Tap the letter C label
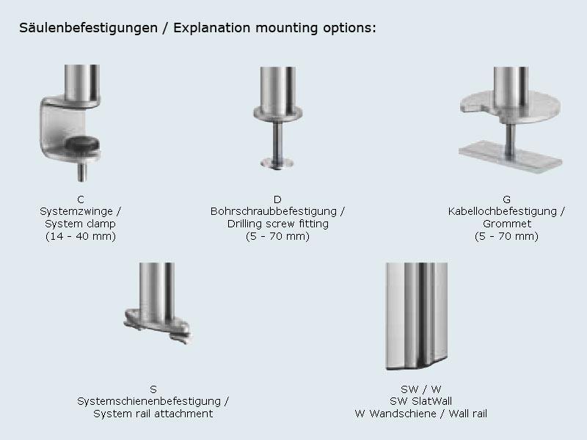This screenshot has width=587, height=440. pos(80,199)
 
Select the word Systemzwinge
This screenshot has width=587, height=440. pos(76,211)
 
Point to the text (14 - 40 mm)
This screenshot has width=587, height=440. pos(80,236)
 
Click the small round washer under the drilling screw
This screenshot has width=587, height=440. pos(277,161)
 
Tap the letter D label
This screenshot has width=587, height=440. pos(277,199)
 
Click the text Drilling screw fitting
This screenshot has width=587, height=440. pos(277,224)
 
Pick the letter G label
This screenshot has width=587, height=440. pos(506,199)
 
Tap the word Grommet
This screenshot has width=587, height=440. pos(506,224)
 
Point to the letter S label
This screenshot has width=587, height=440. pos(153,389)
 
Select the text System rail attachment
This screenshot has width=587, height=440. pos(153,414)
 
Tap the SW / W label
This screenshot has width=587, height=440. pos(421,389)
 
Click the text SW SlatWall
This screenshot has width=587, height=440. pos(421,401)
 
